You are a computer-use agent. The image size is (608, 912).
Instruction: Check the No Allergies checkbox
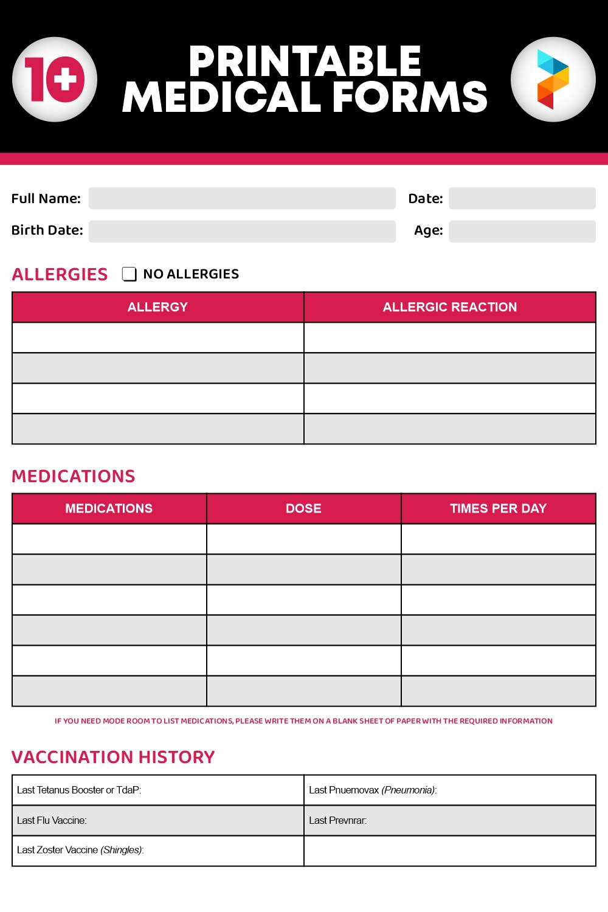point(129,274)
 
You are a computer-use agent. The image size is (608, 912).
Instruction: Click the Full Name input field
point(242,198)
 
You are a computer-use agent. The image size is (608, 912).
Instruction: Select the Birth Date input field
point(242,231)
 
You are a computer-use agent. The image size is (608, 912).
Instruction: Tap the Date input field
point(522,198)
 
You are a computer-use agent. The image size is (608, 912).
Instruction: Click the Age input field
point(522,231)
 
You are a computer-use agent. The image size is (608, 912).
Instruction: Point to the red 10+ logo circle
point(55,80)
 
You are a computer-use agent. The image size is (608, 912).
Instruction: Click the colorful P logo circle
point(553,80)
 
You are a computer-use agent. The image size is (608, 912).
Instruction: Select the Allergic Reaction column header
point(449,307)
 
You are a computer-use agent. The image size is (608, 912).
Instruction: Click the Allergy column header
point(157,307)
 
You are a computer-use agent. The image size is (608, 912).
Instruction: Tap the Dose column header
point(303,508)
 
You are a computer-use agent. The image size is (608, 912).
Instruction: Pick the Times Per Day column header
point(498,508)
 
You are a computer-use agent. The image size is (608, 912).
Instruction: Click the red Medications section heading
point(74,476)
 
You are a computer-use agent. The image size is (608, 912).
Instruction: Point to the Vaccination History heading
point(113,757)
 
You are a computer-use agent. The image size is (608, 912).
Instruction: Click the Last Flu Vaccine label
point(52,820)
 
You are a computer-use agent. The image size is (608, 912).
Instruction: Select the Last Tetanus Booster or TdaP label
point(79,790)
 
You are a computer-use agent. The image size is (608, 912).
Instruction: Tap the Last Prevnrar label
point(337,820)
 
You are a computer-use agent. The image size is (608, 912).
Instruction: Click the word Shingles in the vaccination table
point(122,850)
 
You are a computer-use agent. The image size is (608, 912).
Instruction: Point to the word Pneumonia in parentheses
point(409,790)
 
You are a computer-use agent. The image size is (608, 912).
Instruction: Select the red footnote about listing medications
point(303,721)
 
